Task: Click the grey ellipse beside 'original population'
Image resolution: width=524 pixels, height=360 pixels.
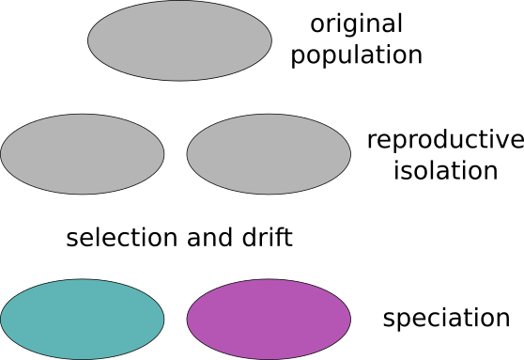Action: (179, 40)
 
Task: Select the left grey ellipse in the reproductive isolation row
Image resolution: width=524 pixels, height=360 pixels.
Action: (83, 153)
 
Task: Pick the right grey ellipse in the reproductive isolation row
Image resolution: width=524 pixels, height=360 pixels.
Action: (269, 153)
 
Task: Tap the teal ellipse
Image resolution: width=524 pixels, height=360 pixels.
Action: (83, 320)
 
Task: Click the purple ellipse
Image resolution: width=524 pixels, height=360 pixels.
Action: (269, 320)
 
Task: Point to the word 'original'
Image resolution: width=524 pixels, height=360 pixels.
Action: (356, 24)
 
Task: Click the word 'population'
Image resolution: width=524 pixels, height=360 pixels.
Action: (356, 55)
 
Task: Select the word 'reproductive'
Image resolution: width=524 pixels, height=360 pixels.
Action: (444, 141)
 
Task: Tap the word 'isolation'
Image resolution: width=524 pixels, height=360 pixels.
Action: (444, 171)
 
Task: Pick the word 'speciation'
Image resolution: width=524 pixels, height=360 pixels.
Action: (446, 319)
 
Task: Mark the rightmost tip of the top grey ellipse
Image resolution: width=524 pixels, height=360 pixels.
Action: (271, 40)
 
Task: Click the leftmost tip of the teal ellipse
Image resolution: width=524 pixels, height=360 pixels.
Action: (1, 320)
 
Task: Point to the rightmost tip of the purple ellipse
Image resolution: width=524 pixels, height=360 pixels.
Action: (351, 320)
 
